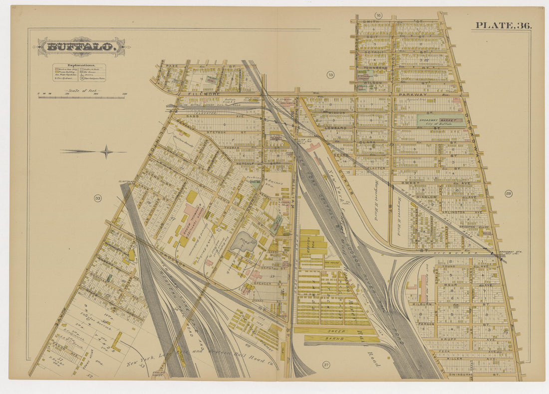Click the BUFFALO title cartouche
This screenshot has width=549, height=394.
81,47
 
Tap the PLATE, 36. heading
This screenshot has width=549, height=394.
503,25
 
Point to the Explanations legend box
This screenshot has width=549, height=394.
79,73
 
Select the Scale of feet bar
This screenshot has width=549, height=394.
81,97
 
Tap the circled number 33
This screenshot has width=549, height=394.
97,198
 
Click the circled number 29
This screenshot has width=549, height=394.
508,193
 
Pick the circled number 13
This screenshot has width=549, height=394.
330,75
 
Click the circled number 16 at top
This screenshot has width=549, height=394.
378,16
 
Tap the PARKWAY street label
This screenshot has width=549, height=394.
412,94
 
